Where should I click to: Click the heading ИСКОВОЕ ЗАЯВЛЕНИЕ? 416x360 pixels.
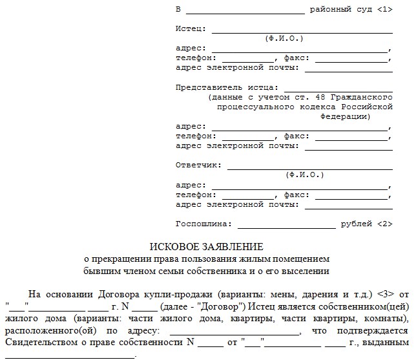(207, 247)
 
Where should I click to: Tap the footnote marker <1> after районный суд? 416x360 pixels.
(382, 10)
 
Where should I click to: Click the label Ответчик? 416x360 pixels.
(198, 165)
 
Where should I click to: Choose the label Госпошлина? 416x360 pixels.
(203, 224)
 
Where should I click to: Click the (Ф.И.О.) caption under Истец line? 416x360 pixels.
(284, 39)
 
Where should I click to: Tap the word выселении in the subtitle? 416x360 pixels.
(306, 271)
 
